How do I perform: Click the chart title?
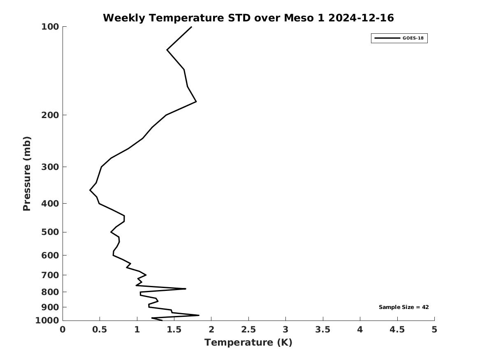point(248,18)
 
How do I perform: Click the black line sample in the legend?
point(387,38)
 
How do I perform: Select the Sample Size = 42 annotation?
point(403,307)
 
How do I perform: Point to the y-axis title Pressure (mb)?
point(27,174)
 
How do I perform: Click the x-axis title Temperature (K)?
point(248,342)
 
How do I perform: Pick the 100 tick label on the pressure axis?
point(50,27)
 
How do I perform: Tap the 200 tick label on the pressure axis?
point(50,115)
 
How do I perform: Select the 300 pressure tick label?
point(50,167)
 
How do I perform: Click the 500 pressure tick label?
point(50,232)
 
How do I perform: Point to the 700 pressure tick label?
point(50,275)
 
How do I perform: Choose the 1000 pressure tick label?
point(47,321)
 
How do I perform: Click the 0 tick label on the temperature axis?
point(63,330)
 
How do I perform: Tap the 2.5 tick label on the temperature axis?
point(248,330)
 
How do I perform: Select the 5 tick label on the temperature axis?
point(434,330)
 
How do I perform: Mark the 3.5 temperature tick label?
point(322,330)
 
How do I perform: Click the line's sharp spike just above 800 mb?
point(186,289)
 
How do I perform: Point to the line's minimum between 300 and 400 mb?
point(90,190)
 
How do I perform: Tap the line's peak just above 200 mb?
point(196,101)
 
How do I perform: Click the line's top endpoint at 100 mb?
point(191,27)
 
